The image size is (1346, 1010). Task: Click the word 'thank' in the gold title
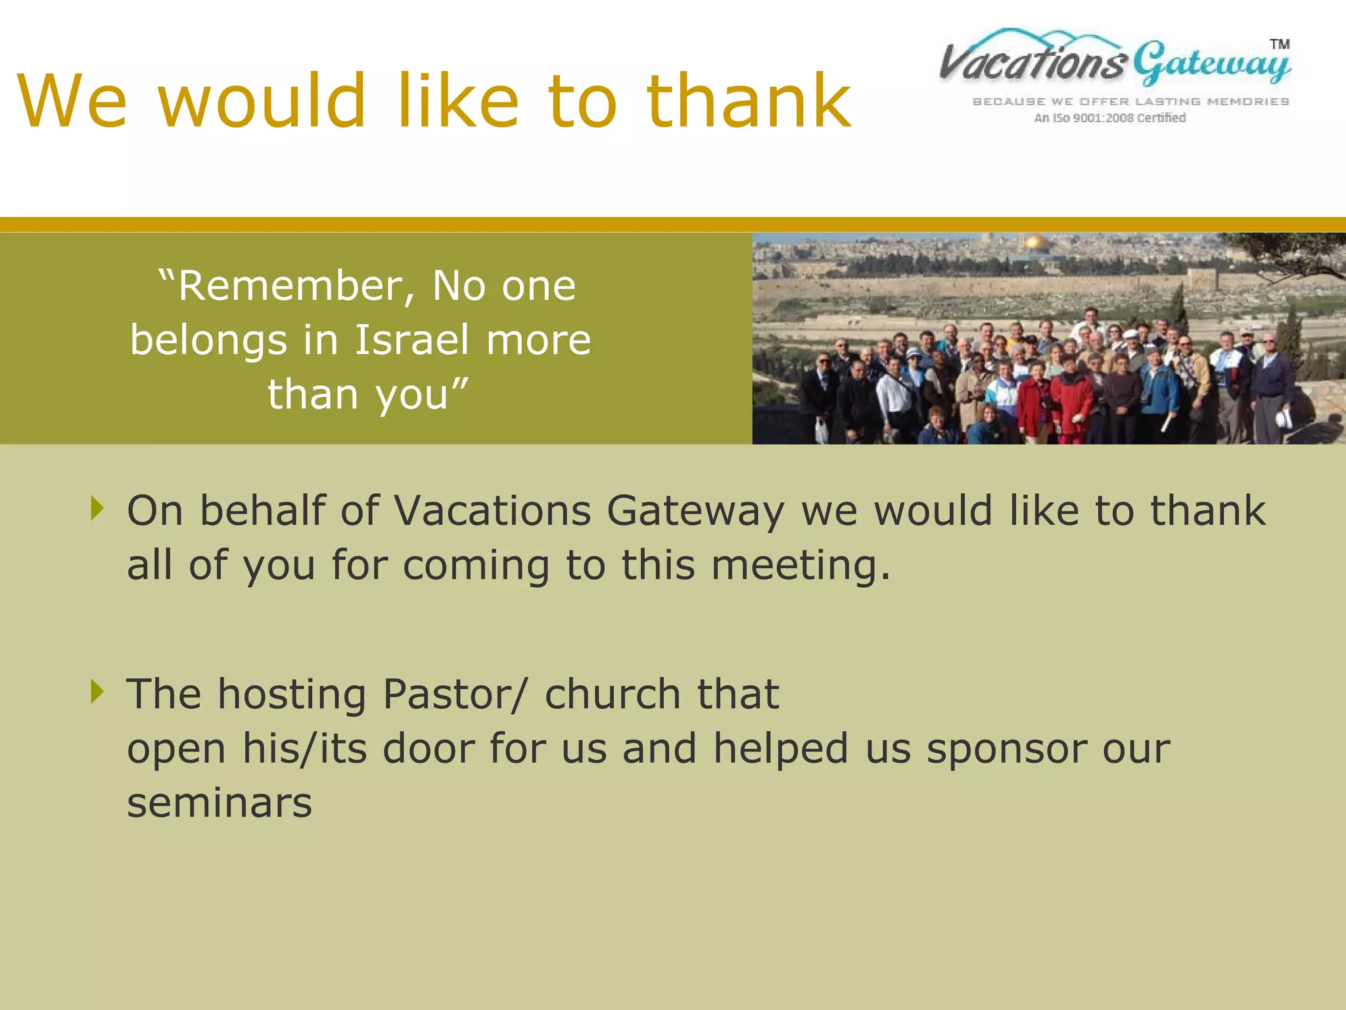pyautogui.click(x=749, y=101)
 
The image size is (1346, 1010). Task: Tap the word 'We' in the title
pyautogui.click(x=72, y=103)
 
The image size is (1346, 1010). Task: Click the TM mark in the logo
pyautogui.click(x=1279, y=45)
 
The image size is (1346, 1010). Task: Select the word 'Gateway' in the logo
pyautogui.click(x=1211, y=64)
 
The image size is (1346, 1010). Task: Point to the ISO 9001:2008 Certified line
pyautogui.click(x=1109, y=118)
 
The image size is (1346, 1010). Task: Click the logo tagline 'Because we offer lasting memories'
pyautogui.click(x=1130, y=102)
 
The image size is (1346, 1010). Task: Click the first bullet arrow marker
pyautogui.click(x=98, y=508)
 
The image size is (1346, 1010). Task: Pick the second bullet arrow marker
pyautogui.click(x=98, y=691)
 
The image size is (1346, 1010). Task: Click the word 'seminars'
pyautogui.click(x=220, y=804)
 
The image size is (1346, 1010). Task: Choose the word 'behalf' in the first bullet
pyautogui.click(x=262, y=511)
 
